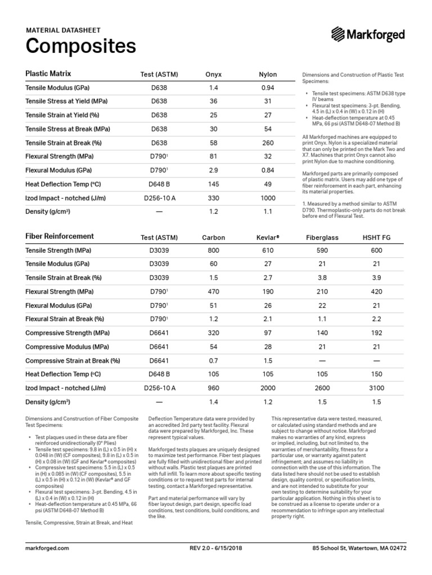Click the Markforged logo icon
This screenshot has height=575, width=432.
click(x=339, y=35)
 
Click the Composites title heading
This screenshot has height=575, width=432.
click(x=81, y=45)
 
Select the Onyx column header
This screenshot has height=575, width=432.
click(x=213, y=75)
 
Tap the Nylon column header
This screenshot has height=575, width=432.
click(x=267, y=75)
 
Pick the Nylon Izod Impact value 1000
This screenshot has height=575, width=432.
click(x=267, y=198)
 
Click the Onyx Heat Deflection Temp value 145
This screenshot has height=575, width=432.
click(x=213, y=184)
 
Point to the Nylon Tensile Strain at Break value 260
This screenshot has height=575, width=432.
click(x=267, y=143)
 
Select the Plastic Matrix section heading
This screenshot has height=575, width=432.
click(x=48, y=74)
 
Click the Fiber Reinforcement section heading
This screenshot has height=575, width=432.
click(x=60, y=236)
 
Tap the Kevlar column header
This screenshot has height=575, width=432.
click(x=268, y=238)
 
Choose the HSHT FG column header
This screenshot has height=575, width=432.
click(x=376, y=238)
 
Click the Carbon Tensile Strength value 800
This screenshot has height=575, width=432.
click(x=213, y=250)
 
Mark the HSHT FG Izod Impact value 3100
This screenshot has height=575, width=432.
click(x=376, y=388)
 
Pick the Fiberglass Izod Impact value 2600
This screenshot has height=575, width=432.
click(x=322, y=388)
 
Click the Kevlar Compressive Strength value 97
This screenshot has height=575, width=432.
click(x=268, y=333)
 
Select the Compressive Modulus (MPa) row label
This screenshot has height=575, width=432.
click(x=67, y=347)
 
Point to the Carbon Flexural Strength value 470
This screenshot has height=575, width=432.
click(x=213, y=292)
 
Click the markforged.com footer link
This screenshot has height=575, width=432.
click(x=47, y=547)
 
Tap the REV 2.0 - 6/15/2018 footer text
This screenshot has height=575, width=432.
click(x=215, y=547)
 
